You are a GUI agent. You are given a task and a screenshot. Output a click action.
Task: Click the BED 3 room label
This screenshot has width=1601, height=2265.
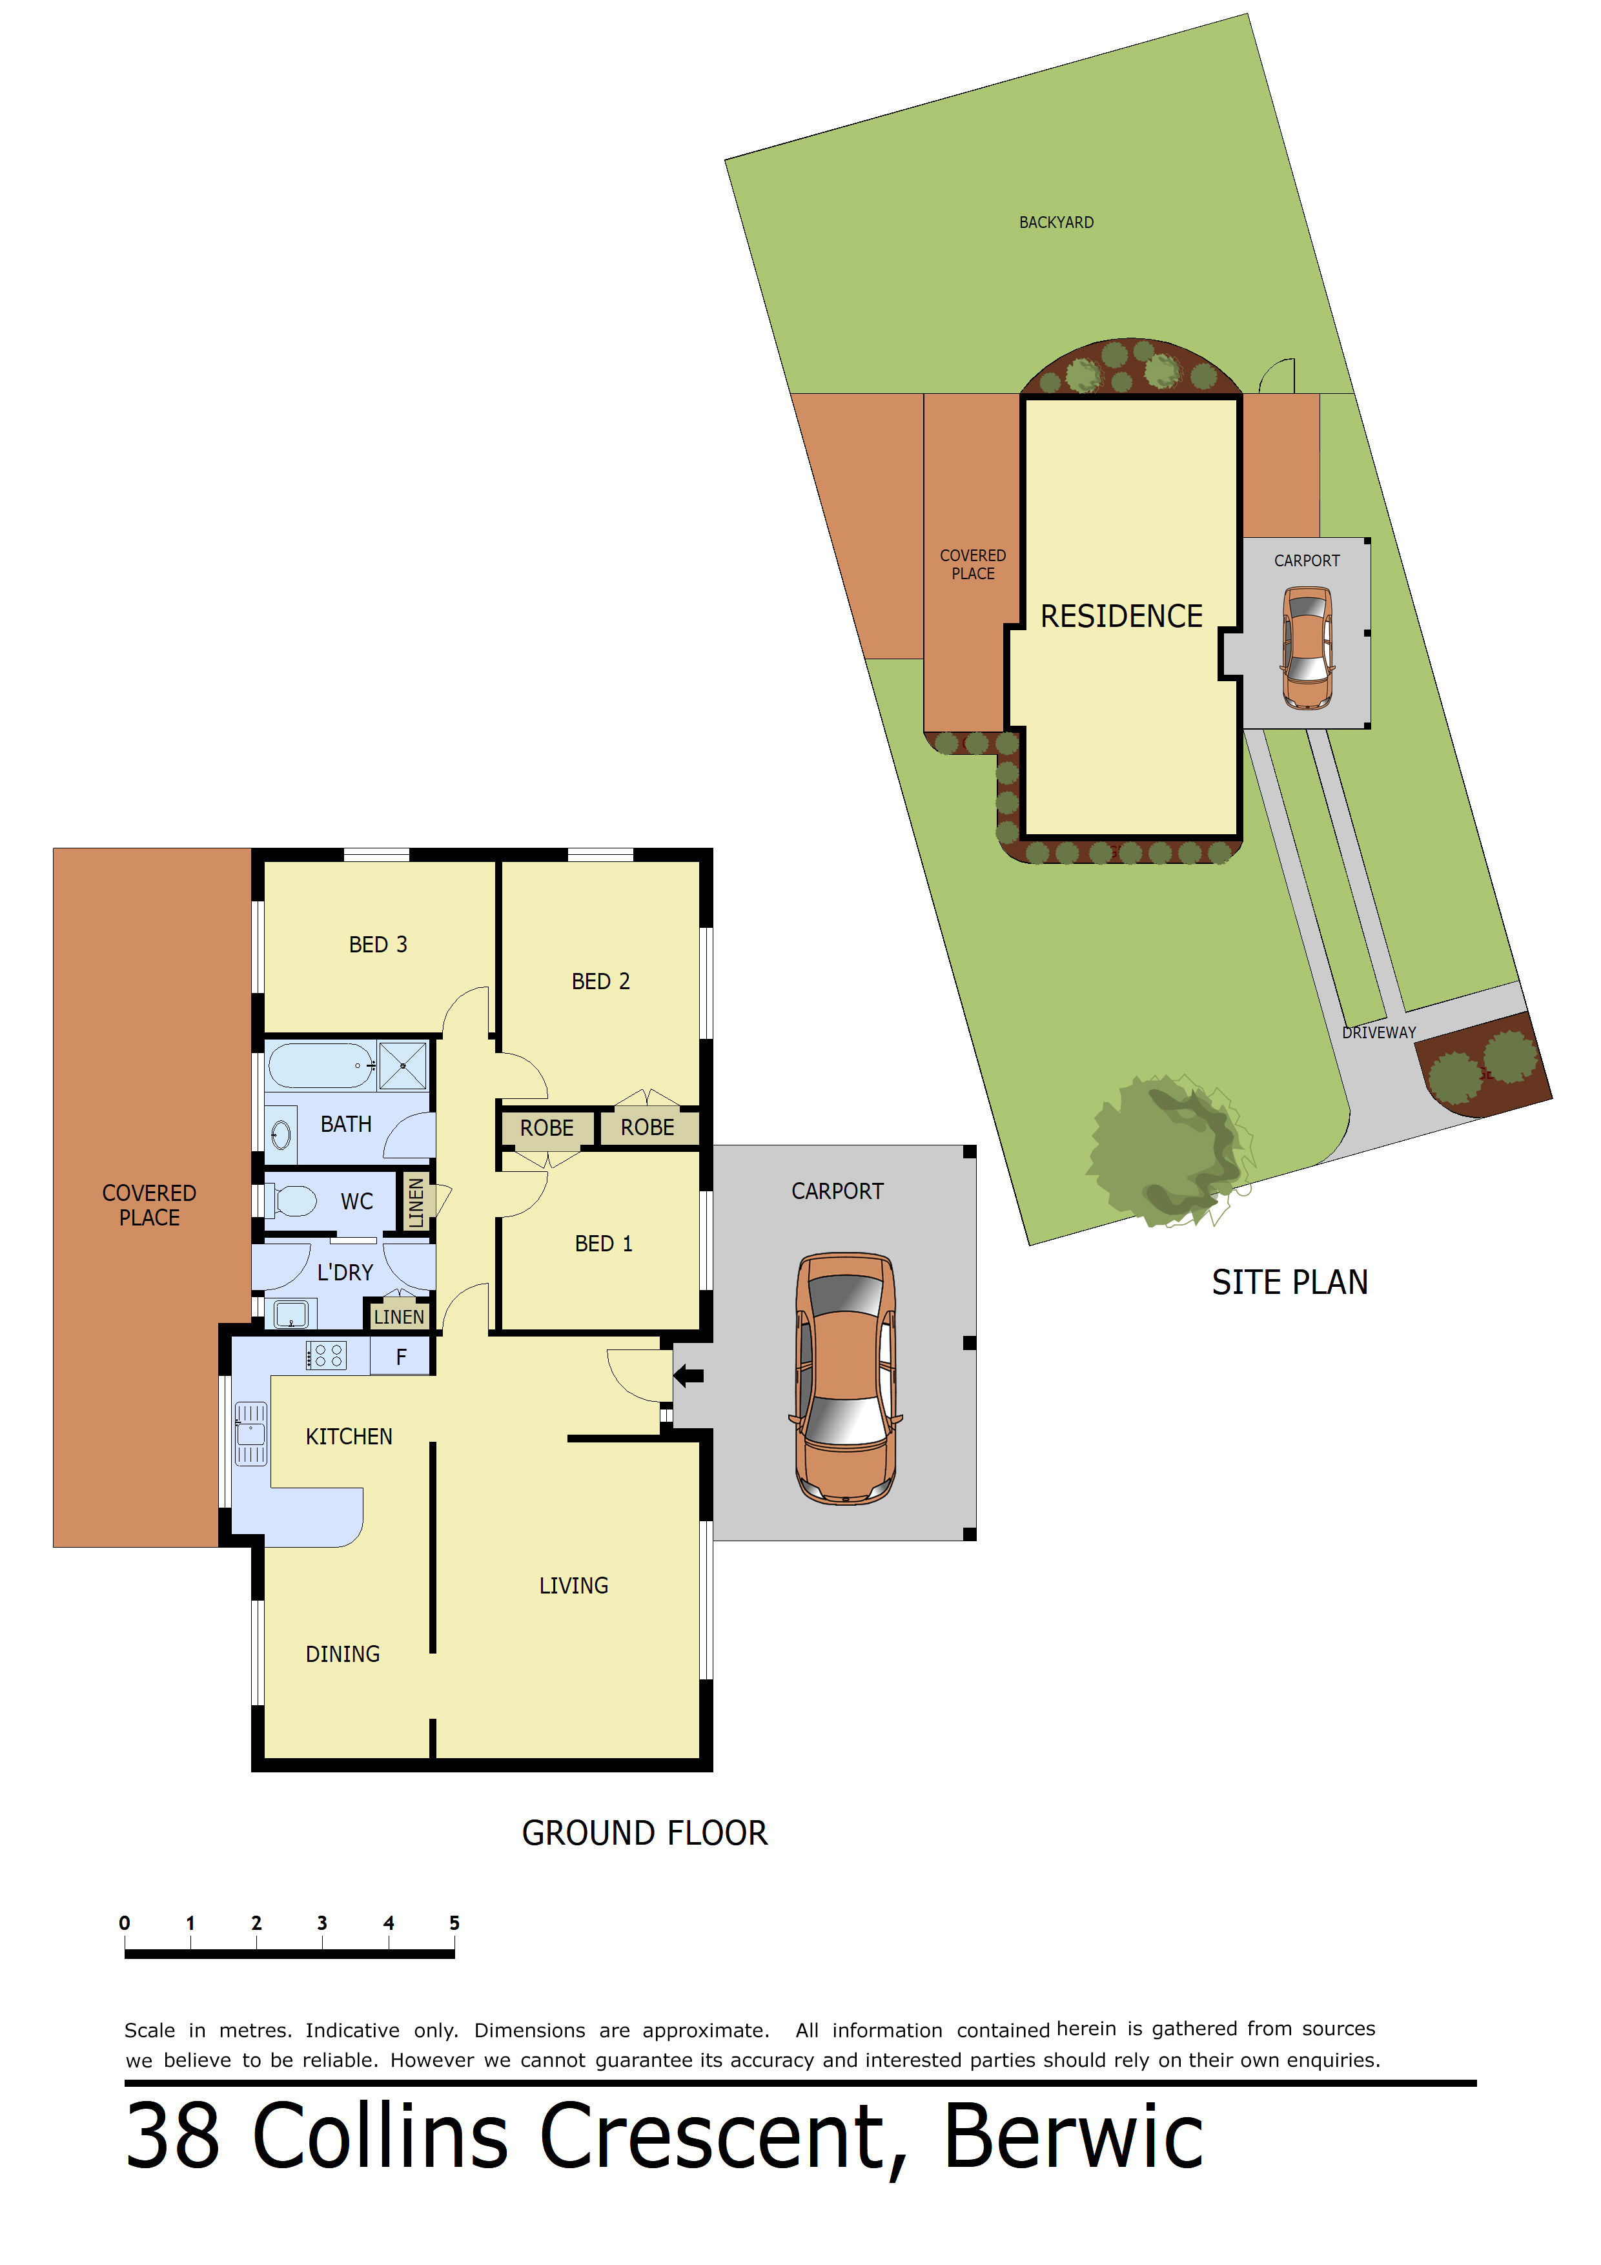tap(378, 945)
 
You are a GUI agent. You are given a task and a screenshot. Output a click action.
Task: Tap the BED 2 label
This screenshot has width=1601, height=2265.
tap(601, 981)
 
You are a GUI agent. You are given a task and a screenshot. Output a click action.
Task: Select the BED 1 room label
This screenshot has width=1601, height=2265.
tap(604, 1244)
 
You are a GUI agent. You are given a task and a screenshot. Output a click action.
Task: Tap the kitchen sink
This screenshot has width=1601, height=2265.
tap(250, 1435)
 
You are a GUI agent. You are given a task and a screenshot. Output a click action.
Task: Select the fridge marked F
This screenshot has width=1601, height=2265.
tap(400, 1357)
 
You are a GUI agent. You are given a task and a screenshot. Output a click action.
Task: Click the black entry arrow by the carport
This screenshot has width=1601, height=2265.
tap(689, 1375)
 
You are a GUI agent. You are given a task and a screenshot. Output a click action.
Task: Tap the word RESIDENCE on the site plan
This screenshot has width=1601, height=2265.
tap(1121, 617)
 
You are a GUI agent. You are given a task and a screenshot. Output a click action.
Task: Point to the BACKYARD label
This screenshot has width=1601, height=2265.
tap(1057, 223)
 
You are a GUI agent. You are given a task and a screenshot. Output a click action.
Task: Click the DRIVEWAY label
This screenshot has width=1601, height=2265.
tap(1379, 1033)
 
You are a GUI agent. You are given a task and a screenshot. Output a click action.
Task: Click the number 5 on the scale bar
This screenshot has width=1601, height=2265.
tap(454, 1923)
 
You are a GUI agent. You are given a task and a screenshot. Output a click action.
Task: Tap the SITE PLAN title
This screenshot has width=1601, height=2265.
tap(1289, 1282)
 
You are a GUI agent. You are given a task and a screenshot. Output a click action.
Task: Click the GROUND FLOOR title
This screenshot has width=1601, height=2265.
tap(644, 1833)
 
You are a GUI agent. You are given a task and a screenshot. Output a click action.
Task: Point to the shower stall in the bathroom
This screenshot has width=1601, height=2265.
tap(402, 1067)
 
